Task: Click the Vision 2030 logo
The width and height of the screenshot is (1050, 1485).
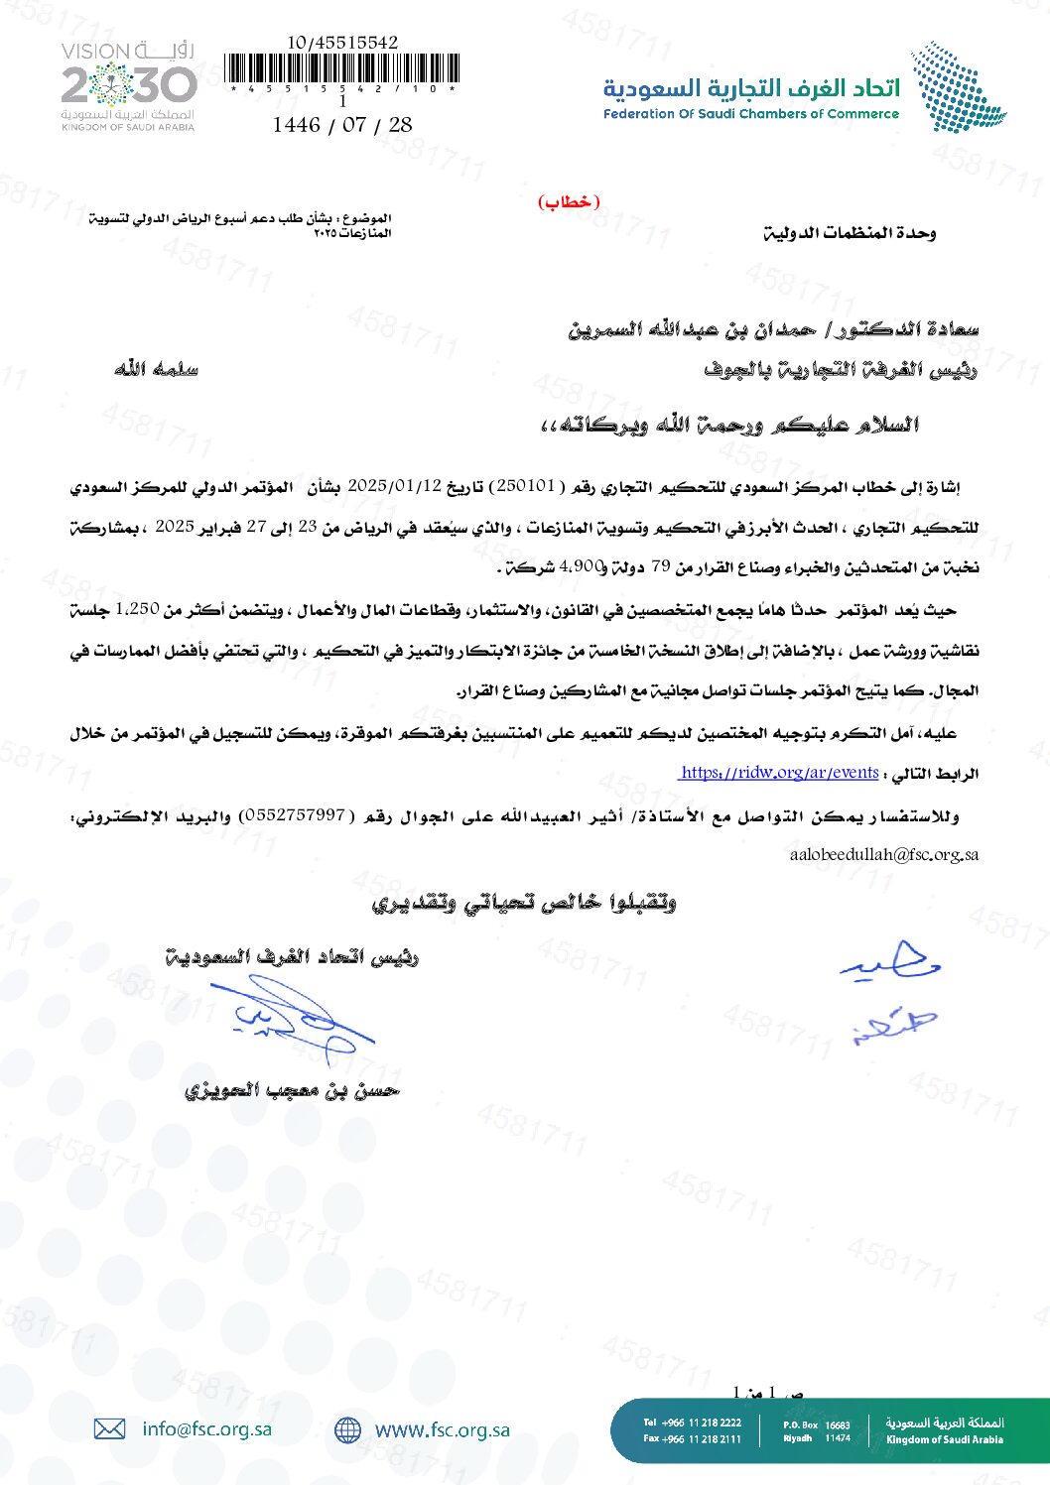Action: click(129, 86)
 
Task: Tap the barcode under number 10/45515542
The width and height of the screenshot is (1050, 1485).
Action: click(342, 69)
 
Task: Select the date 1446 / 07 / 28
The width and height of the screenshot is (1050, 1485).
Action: click(342, 125)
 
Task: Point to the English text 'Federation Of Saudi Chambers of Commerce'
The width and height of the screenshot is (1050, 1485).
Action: click(750, 114)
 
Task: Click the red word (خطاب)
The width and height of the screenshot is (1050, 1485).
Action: click(570, 202)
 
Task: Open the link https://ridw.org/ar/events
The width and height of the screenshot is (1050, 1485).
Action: click(779, 773)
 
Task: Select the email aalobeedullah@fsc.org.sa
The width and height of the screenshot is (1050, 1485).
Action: click(884, 854)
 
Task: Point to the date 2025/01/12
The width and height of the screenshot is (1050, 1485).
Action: click(394, 486)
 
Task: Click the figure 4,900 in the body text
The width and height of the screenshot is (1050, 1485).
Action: click(582, 566)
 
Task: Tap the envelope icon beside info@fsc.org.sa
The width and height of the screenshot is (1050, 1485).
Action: click(109, 1428)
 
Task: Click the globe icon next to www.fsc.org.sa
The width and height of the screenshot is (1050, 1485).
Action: click(347, 1429)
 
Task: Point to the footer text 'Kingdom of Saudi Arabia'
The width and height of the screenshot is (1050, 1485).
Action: click(944, 1439)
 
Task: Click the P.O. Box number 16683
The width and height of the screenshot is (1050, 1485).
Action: click(838, 1424)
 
